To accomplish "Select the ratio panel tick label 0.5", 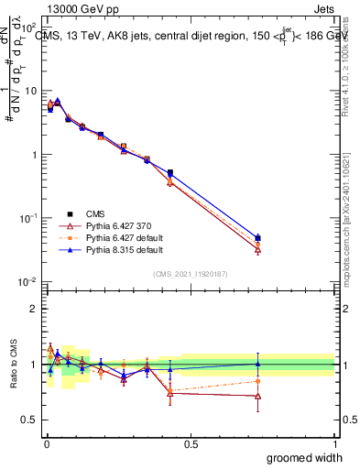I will pos(31,420).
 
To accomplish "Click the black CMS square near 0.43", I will pos(170,172).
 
